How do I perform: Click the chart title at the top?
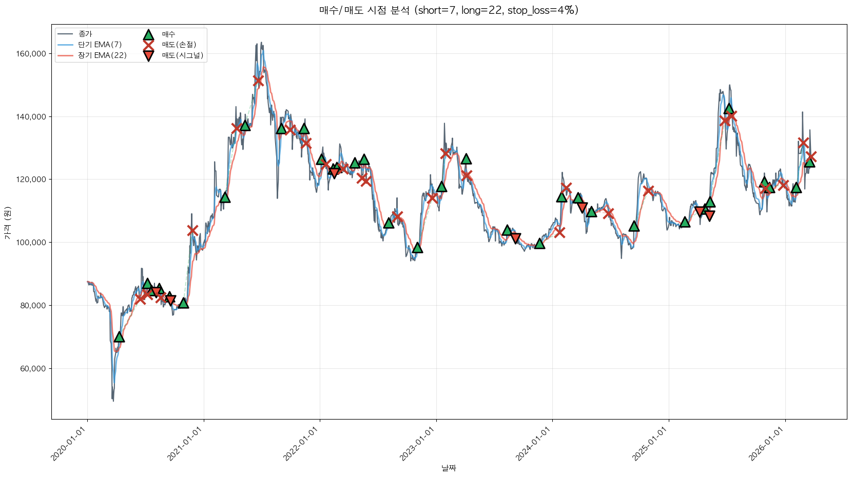449,10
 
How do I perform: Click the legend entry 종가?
85,34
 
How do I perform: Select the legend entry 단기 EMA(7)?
100,45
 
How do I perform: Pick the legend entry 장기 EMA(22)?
102,55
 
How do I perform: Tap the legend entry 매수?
168,34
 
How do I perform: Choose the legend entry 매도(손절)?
179,45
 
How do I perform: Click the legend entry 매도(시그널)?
182,55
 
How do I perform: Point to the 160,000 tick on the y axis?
32,54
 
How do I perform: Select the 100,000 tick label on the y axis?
32,243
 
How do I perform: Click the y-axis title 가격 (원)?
7,223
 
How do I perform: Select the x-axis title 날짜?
449,468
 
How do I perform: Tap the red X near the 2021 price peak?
258,81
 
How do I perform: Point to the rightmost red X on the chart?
810,156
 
